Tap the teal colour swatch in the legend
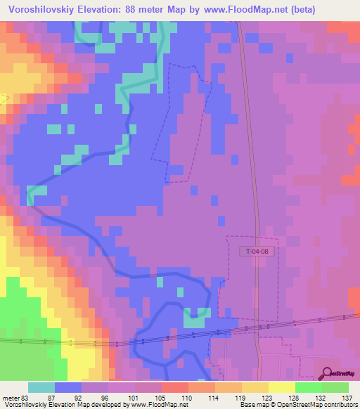click(x=41, y=387)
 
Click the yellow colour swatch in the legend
click(x=281, y=387)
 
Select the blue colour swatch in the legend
click(x=68, y=387)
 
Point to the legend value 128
click(x=295, y=398)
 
